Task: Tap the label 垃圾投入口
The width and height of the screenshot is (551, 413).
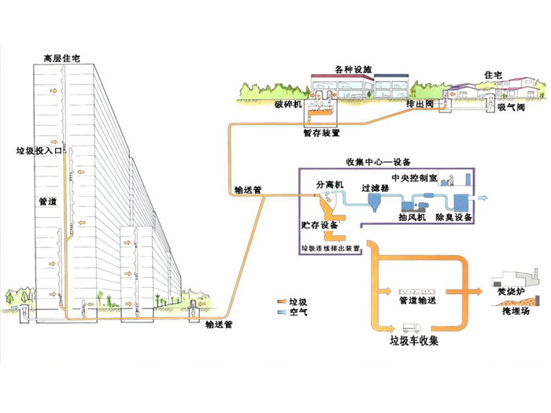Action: coord(39,149)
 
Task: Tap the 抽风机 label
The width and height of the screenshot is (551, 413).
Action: coord(412,216)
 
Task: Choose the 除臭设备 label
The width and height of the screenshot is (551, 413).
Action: coord(454,216)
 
